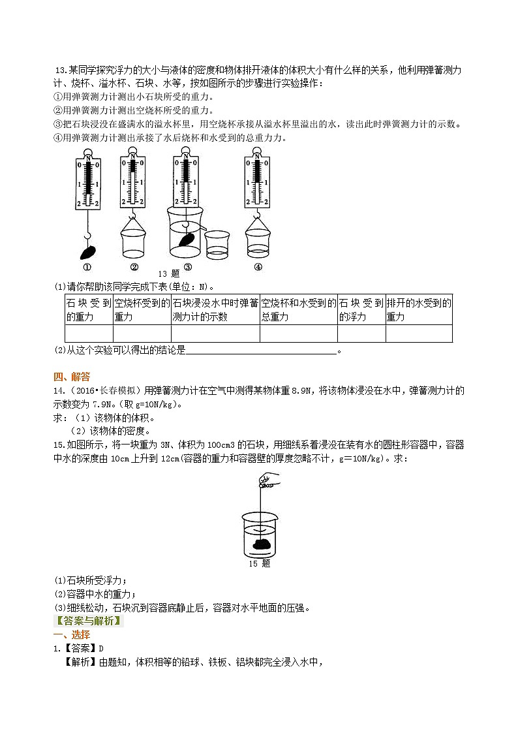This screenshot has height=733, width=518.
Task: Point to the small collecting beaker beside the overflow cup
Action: [x=217, y=242]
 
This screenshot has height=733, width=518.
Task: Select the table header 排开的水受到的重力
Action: [x=418, y=310]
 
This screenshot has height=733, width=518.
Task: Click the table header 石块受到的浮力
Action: [x=361, y=310]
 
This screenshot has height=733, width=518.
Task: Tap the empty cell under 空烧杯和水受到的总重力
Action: [x=298, y=333]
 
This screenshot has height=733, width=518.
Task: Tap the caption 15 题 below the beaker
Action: [x=259, y=563]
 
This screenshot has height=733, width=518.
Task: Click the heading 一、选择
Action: [x=72, y=635]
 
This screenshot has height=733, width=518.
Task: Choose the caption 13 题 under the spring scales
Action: [x=168, y=273]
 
